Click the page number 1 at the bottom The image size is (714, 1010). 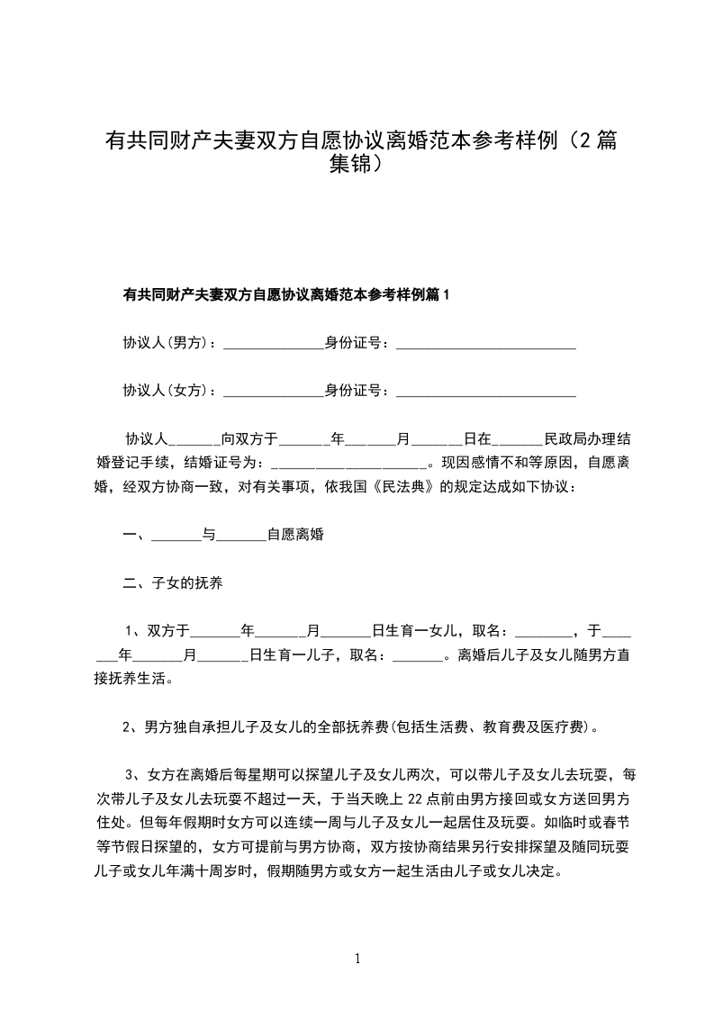click(357, 959)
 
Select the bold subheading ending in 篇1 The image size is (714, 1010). click(285, 294)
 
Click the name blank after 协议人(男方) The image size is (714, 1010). click(273, 344)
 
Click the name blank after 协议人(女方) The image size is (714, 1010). click(273, 392)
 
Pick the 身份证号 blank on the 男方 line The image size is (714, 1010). click(485, 344)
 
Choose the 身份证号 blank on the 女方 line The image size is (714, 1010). click(485, 392)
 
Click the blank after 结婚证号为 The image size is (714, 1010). click(348, 464)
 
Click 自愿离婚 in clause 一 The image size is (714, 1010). click(295, 535)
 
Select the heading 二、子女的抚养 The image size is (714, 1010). click(173, 582)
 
